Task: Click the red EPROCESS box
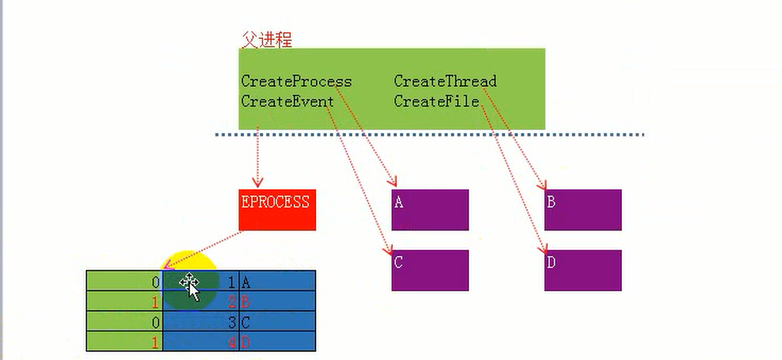277,209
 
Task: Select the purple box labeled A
430,209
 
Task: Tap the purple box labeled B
582,209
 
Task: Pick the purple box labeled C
430,269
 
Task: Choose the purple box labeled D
582,269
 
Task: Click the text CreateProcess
296,81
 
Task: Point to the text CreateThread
445,81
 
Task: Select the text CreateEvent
287,102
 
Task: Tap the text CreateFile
436,102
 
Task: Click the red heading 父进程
266,40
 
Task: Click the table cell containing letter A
277,283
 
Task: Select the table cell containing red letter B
277,303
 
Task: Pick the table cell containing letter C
277,323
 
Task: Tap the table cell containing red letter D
277,342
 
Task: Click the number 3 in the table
231,323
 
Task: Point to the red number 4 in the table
231,342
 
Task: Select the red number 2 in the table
231,303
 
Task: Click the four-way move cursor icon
188,283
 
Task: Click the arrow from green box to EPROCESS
258,159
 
